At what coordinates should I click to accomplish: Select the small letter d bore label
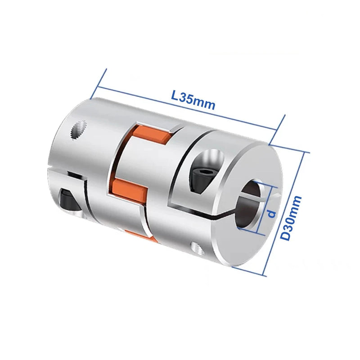coord(271,213)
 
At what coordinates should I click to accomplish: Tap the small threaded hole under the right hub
coord(195,246)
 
